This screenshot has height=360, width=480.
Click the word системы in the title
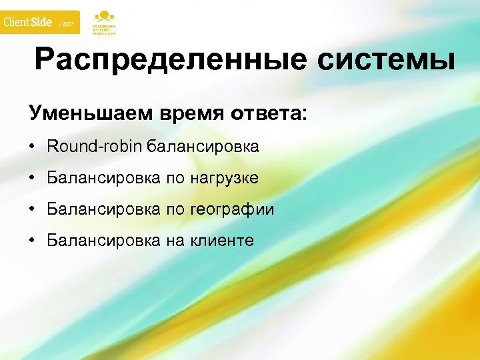click(387, 61)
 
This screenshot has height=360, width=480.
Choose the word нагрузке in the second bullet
click(223, 179)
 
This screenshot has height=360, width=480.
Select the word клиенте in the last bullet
click(221, 241)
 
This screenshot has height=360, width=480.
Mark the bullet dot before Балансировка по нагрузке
click(33, 179)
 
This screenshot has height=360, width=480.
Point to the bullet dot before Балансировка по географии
click(33, 210)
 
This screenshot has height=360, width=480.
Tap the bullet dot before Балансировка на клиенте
click(33, 241)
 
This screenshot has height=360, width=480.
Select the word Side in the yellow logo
click(41, 22)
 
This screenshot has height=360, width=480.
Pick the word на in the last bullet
click(175, 241)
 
